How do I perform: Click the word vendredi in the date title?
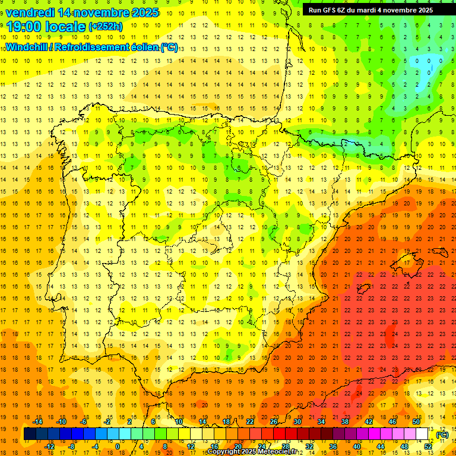tap(30, 12)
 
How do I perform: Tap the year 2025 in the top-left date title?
tap(142, 12)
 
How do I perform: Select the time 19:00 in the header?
tap(27, 26)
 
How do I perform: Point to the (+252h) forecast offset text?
tap(106, 26)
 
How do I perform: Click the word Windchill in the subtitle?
tap(27, 47)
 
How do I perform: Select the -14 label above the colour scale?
tap(37, 422)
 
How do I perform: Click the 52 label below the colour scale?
tap(429, 446)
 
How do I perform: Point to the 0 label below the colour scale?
tap(117, 446)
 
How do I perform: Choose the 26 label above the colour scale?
tap(274, 422)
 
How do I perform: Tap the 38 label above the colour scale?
tap(345, 422)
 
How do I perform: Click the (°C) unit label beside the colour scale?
tap(442, 435)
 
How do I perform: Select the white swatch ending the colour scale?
tap(422, 434)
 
